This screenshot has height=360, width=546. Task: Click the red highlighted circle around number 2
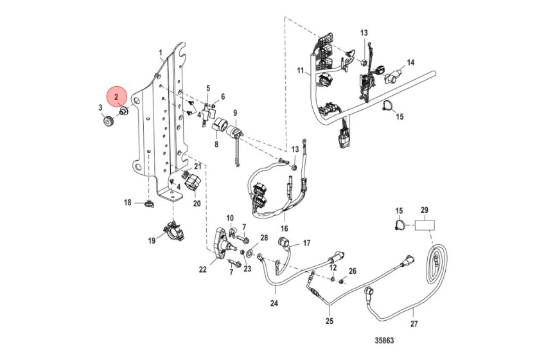[x=117, y=97]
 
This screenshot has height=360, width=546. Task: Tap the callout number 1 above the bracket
[x=161, y=51]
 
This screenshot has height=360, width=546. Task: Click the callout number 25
[x=330, y=321]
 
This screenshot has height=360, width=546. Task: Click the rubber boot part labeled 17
[x=283, y=242]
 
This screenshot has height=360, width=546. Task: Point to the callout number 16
[x=284, y=228]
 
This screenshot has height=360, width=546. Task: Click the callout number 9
[x=235, y=113]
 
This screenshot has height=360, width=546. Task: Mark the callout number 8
[x=216, y=145]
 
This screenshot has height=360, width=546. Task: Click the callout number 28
[x=263, y=238]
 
